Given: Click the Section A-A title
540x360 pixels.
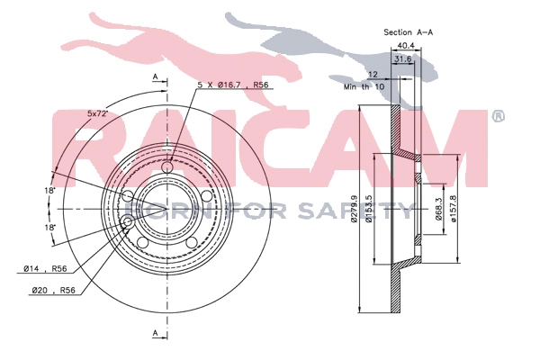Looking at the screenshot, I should [409, 31].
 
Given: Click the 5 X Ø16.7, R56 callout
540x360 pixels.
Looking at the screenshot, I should [233, 85].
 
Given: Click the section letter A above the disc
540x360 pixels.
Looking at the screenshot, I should [155, 77].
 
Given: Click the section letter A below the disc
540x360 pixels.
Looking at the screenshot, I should [155, 334].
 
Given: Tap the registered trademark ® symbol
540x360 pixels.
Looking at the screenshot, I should [498, 117].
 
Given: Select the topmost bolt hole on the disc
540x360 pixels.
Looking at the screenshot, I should [168, 167].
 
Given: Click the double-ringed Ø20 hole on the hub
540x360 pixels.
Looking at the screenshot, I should [127, 221].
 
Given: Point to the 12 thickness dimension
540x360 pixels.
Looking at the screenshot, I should [373, 76].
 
